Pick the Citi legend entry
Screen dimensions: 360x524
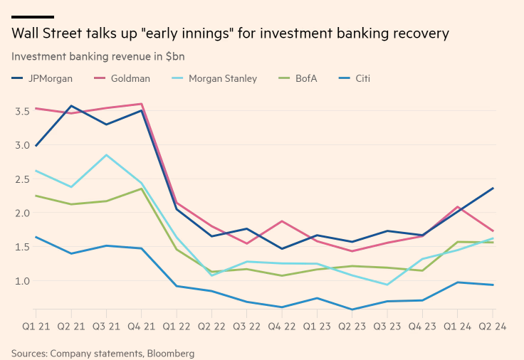click(x=362, y=78)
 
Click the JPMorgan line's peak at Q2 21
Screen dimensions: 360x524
click(x=70, y=106)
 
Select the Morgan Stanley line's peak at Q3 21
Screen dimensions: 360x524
click(x=105, y=155)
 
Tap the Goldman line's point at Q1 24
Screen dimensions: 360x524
click(x=458, y=207)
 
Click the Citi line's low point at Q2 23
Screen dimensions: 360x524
click(x=352, y=309)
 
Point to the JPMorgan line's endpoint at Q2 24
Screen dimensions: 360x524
click(x=493, y=189)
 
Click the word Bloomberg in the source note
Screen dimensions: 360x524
click(x=170, y=353)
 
